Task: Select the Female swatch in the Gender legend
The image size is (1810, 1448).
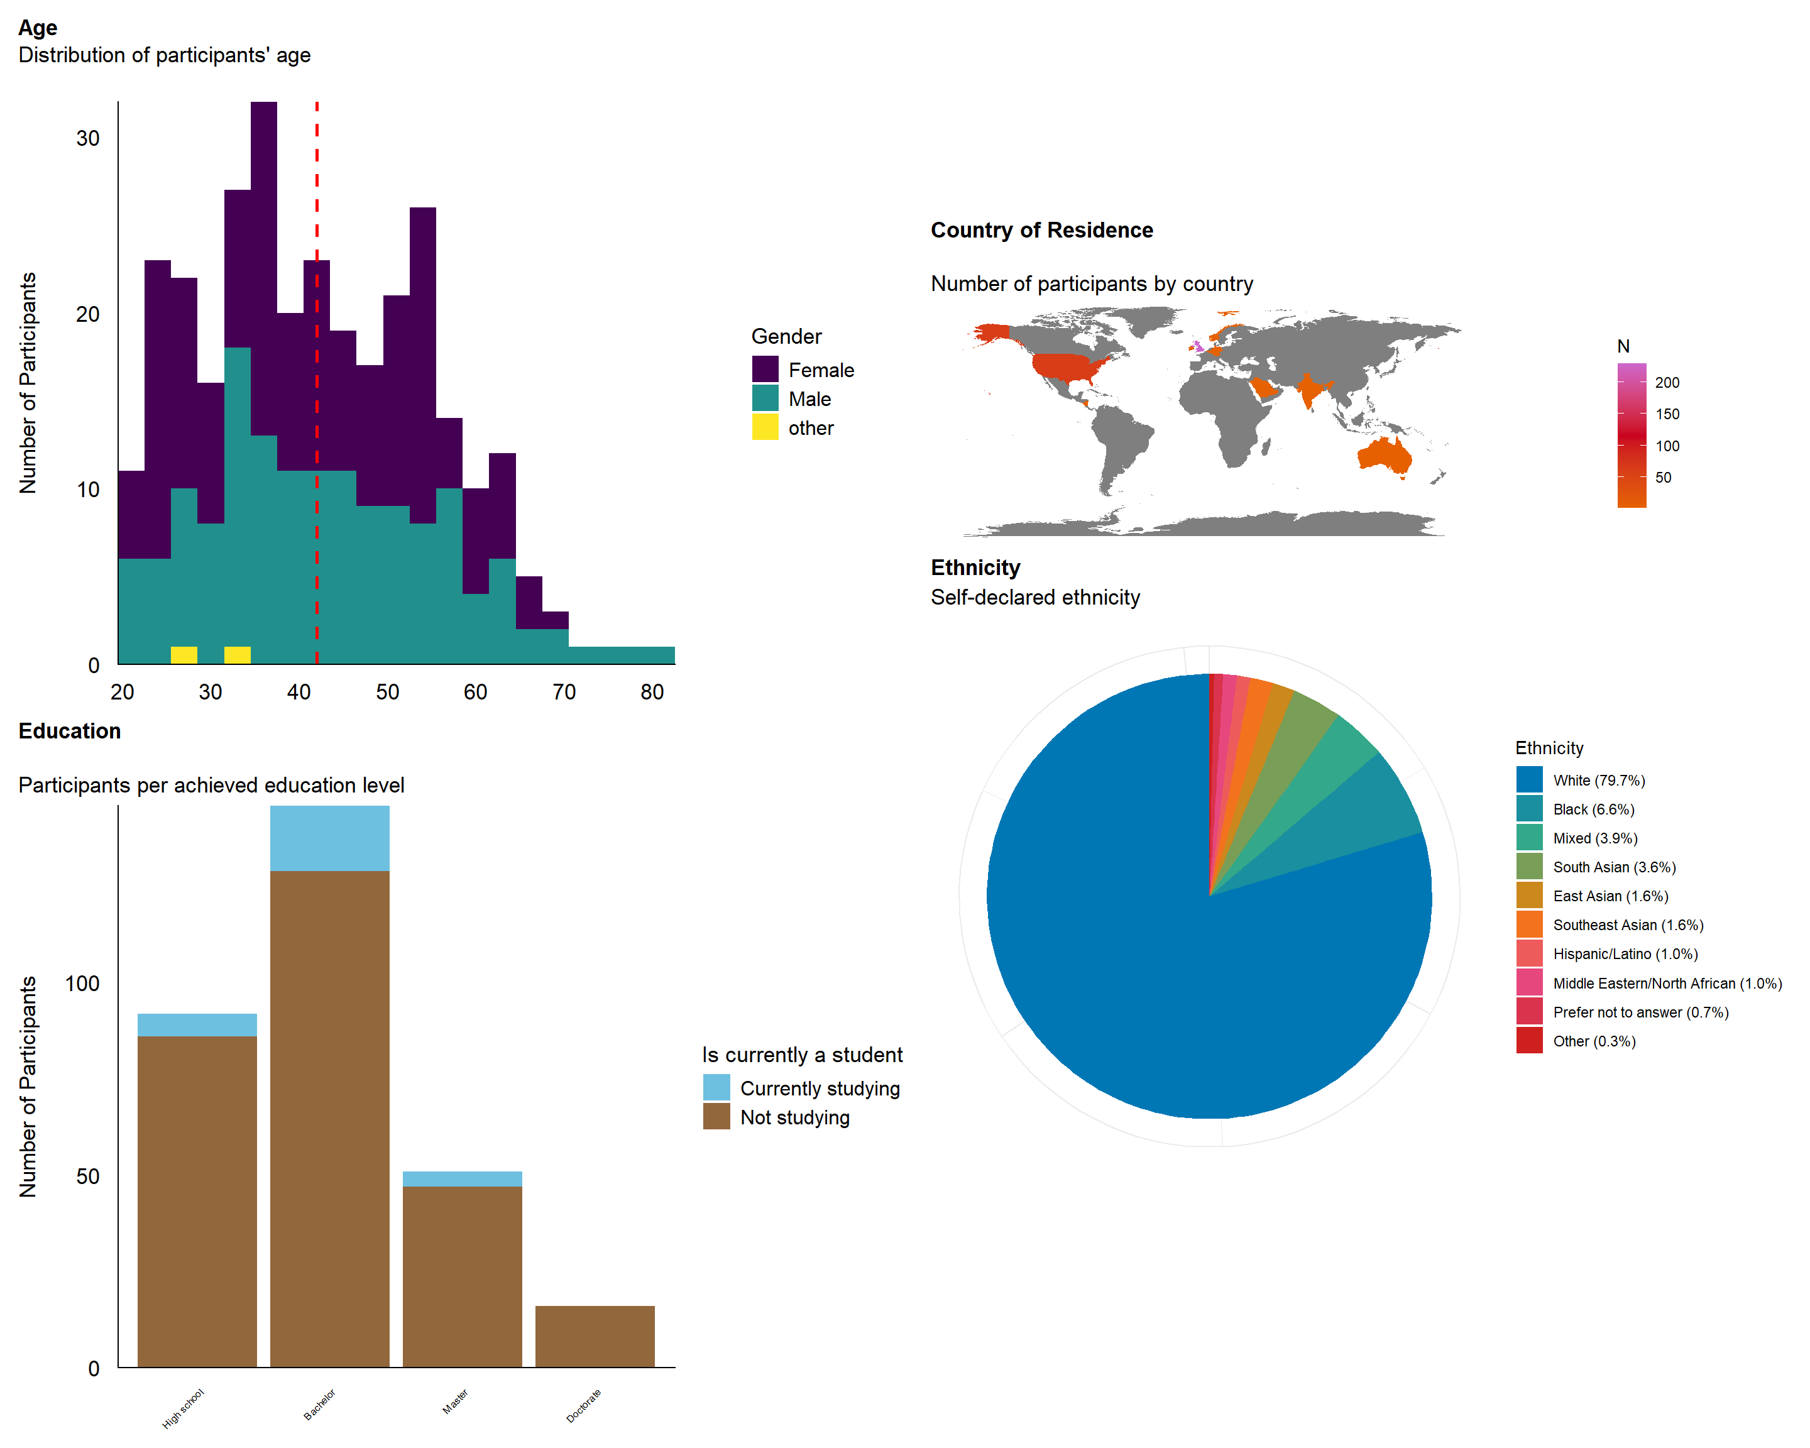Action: [765, 370]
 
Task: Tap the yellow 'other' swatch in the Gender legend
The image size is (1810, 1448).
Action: [765, 427]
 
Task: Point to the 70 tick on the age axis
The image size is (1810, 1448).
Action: [563, 692]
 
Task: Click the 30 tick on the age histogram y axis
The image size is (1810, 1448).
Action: [88, 138]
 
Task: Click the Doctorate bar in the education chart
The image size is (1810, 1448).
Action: [595, 1336]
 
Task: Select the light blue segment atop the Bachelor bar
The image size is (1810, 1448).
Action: [329, 838]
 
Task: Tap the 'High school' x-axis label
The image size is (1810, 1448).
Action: [183, 1408]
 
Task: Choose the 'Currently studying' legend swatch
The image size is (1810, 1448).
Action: [716, 1088]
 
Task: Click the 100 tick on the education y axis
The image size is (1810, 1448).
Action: [82, 984]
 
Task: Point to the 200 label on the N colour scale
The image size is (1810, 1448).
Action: [1667, 383]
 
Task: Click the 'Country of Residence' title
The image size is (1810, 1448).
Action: [1041, 230]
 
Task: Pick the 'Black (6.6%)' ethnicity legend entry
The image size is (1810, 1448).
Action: [1593, 809]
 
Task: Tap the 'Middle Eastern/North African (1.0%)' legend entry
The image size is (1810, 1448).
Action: [1667, 983]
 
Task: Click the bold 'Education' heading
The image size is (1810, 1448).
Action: [70, 731]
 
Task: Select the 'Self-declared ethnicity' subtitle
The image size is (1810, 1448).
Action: [1035, 597]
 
